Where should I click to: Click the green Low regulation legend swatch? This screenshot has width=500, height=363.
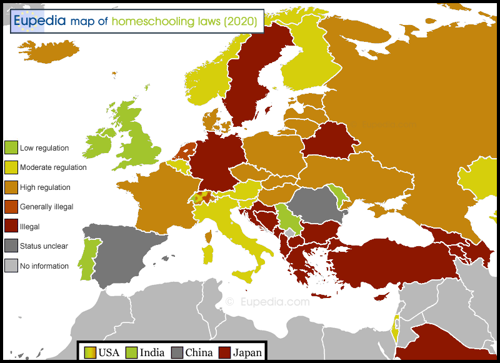(11, 148)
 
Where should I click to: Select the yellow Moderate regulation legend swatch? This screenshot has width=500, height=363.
(11, 167)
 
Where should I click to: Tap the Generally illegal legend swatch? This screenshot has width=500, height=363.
(11, 207)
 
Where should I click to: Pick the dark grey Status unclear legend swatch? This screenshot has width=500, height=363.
(11, 246)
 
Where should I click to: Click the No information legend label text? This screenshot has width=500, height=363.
(44, 266)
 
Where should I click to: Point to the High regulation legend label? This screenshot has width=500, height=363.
(45, 187)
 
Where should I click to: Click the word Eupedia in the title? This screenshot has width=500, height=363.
(40, 21)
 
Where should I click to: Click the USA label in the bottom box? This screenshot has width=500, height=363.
(109, 352)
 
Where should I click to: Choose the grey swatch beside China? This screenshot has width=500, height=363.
(177, 352)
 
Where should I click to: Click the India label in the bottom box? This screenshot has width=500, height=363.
(152, 352)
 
